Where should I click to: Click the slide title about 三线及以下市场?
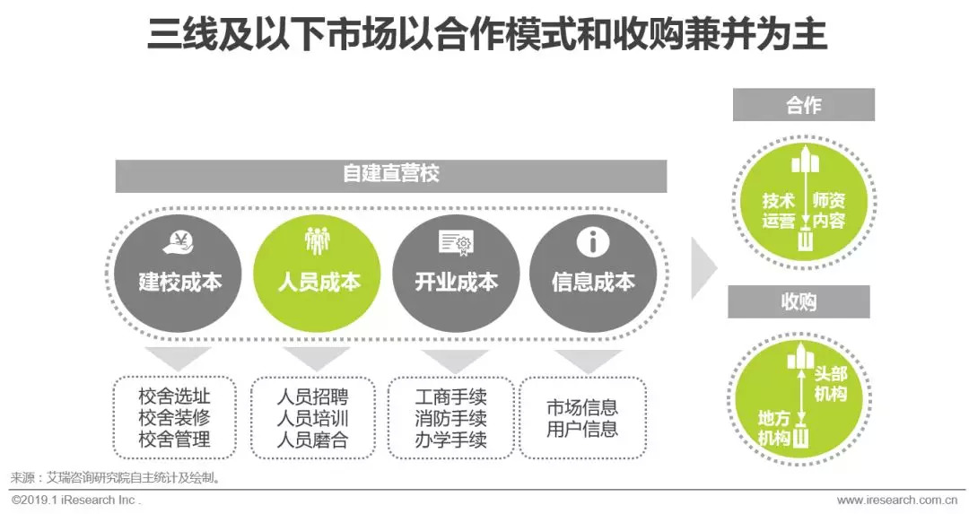[x=485, y=37]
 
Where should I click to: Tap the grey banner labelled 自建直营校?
[x=391, y=174]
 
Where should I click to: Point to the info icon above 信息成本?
[x=592, y=240]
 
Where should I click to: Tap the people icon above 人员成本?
[x=318, y=240]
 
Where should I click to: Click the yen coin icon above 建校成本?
[x=180, y=241]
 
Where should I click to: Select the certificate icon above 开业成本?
[x=455, y=241]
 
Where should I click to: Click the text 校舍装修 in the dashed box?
[x=175, y=417]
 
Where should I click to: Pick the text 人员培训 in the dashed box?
[x=312, y=418]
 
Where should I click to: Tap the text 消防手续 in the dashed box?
[x=451, y=418]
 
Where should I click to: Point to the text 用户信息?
[x=583, y=429]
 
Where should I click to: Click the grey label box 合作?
[x=803, y=105]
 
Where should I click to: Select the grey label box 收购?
[x=799, y=301]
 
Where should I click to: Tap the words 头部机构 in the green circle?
[x=829, y=383]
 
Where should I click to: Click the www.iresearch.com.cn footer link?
[x=896, y=500]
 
